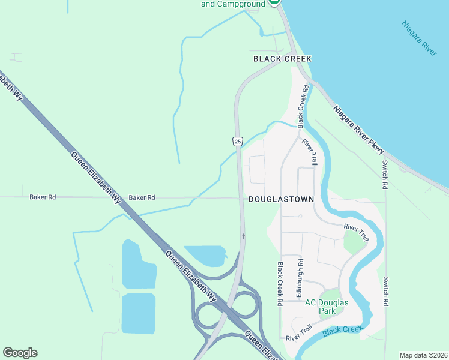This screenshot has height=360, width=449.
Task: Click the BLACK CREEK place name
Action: point(282,58)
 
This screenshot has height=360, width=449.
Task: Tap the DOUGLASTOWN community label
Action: point(281,199)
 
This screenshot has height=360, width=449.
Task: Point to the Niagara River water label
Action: point(420,39)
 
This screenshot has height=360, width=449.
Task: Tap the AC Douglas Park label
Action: point(327,307)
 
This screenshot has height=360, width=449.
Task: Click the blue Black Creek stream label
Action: point(343,330)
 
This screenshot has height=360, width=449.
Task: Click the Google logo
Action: point(20,353)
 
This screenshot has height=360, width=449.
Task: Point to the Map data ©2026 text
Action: point(423,355)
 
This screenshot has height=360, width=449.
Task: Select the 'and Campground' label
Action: point(233,4)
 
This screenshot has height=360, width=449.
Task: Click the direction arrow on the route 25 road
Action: point(243,236)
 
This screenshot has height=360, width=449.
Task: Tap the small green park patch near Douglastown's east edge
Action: point(354,243)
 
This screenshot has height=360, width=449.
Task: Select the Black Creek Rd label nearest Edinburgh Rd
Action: point(280,284)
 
